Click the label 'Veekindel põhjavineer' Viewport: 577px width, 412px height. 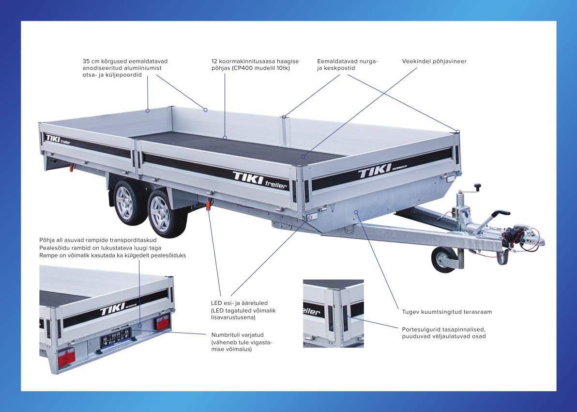(434, 61)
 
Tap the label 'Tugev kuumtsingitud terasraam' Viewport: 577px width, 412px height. (447, 312)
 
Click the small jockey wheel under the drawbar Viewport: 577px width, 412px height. (443, 260)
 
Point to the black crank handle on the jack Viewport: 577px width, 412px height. (478, 187)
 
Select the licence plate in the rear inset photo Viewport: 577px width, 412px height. (116, 337)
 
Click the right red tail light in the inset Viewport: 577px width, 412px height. (163, 323)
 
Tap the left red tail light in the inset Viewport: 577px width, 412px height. (66, 357)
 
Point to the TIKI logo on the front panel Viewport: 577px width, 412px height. (375, 171)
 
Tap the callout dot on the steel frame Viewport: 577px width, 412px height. (356, 212)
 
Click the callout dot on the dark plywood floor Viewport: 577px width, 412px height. (304, 156)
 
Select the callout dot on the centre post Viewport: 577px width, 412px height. (284, 117)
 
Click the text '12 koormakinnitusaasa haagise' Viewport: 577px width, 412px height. (255, 61)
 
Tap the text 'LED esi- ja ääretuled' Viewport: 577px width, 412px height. (239, 303)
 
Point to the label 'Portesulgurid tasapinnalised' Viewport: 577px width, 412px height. (443, 330)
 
